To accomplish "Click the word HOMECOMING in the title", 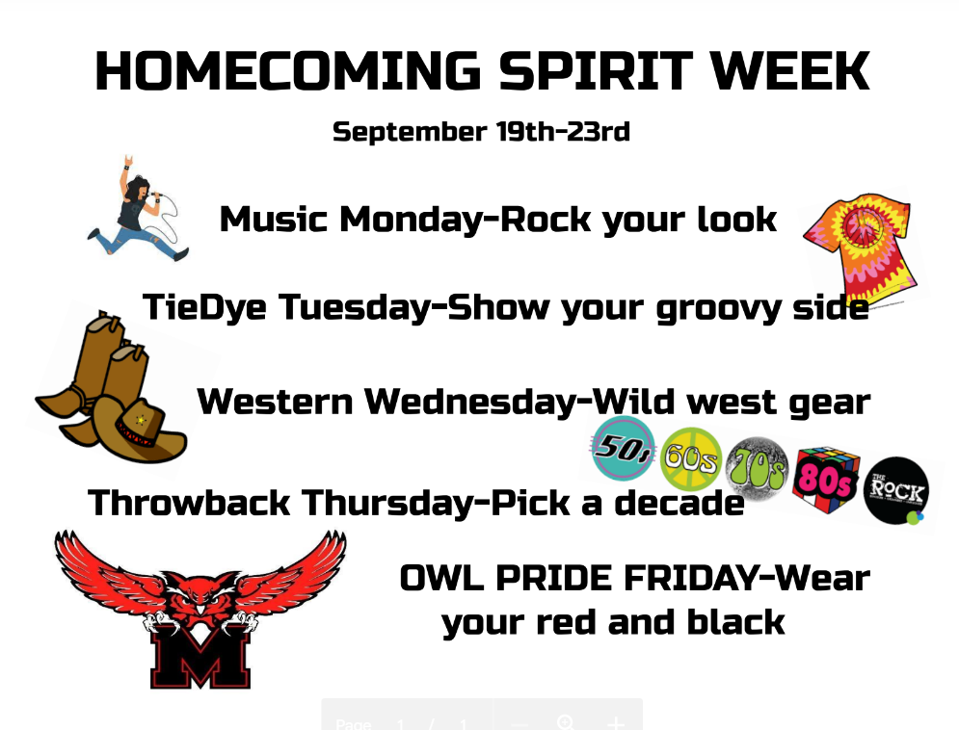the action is (x=287, y=71).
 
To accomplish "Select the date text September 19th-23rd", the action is (x=481, y=132).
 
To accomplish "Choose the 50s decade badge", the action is (x=624, y=449).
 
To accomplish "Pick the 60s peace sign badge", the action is (x=691, y=458).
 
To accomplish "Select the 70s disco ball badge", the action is (x=758, y=469).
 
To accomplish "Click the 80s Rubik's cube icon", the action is (x=827, y=479).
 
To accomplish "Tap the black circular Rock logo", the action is (x=896, y=490).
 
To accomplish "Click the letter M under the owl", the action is (x=200, y=657).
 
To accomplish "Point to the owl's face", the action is (x=200, y=599).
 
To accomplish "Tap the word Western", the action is (x=276, y=402).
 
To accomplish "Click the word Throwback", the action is (x=189, y=503).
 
